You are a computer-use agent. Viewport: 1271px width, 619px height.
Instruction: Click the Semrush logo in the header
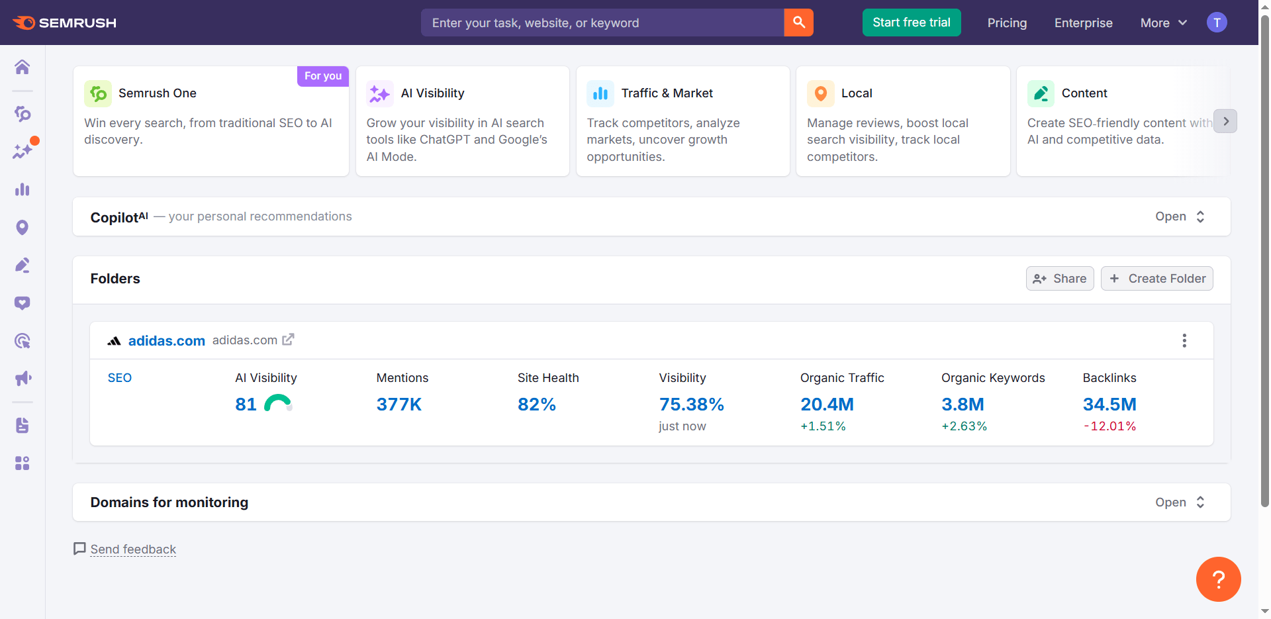click(x=64, y=23)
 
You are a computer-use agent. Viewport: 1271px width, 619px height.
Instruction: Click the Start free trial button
click(x=911, y=23)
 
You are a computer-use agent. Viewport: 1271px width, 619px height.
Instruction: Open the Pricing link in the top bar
click(x=1006, y=23)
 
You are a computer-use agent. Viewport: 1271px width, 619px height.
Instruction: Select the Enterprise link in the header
click(x=1083, y=23)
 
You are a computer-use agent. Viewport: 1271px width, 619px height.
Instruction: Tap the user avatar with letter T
click(x=1216, y=23)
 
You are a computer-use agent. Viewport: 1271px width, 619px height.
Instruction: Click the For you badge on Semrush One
click(x=323, y=76)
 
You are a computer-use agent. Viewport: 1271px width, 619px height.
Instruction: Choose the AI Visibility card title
click(x=432, y=93)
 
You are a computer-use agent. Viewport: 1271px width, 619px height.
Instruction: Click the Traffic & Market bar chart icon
click(x=600, y=93)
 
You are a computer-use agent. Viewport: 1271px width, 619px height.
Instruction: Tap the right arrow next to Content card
click(x=1225, y=121)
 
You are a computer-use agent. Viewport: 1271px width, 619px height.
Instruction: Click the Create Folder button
click(x=1156, y=279)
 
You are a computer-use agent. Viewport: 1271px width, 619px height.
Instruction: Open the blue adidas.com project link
click(x=166, y=341)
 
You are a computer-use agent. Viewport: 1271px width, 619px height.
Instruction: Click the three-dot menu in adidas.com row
click(x=1184, y=341)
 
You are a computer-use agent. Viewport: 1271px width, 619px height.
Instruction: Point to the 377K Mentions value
click(x=399, y=405)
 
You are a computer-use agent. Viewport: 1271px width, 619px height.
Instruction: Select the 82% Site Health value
click(x=536, y=405)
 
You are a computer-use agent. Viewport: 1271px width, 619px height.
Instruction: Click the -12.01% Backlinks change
click(x=1109, y=426)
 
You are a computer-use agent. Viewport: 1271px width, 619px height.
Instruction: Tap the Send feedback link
click(x=133, y=549)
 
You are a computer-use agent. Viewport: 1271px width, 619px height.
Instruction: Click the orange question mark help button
click(x=1217, y=579)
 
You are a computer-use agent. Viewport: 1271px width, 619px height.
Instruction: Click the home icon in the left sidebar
click(x=23, y=67)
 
